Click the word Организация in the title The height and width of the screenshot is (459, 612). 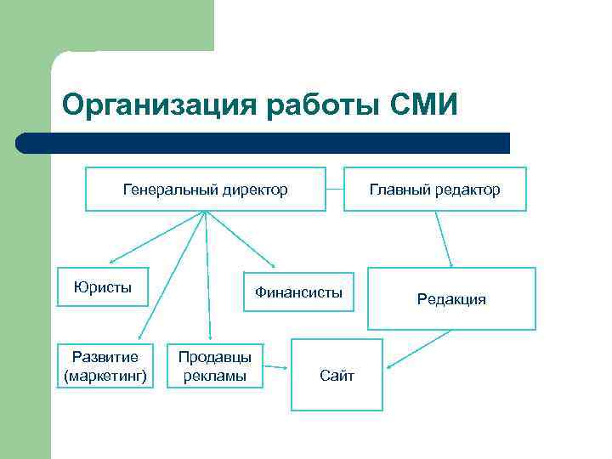[160, 105]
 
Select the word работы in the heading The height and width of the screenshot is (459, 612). [323, 105]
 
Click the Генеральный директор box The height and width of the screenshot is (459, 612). [205, 189]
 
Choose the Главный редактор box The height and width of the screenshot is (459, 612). [434, 189]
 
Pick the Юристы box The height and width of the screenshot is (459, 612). [102, 286]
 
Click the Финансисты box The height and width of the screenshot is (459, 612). [298, 292]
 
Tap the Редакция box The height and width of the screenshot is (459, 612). [451, 298]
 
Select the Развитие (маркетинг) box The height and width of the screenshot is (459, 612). [105, 365]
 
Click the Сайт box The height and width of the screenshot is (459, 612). [337, 375]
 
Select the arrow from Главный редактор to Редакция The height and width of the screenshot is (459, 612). [444, 239]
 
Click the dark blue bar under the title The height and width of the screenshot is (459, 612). [263, 143]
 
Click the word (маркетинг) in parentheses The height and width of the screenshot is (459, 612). [105, 375]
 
